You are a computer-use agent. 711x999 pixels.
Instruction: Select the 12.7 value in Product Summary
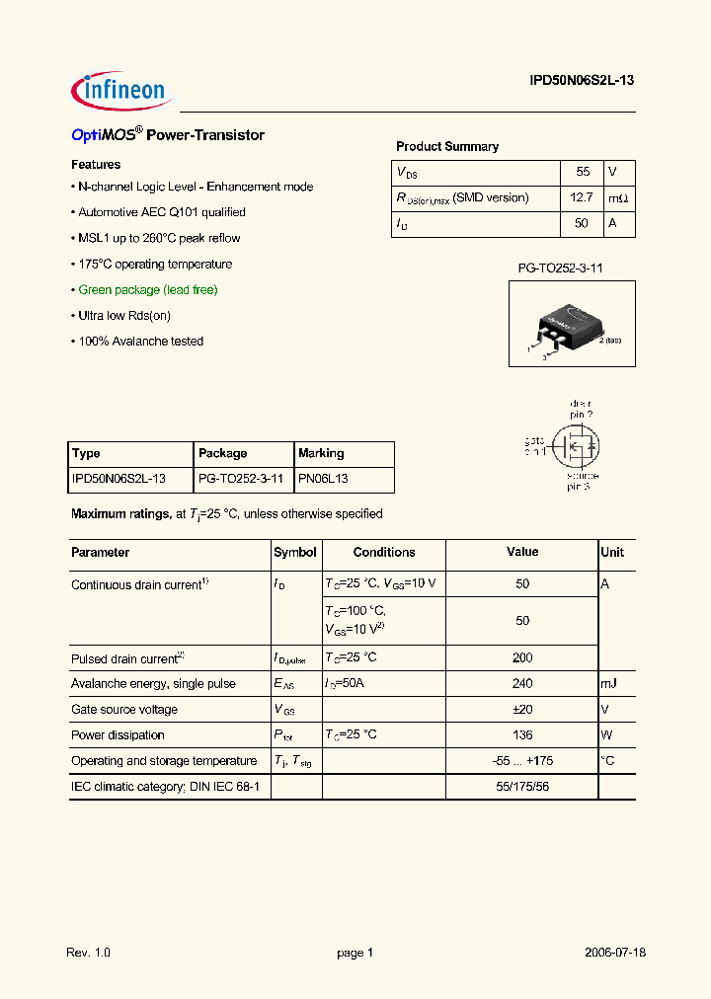tap(581, 197)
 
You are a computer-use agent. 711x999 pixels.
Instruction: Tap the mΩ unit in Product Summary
tap(618, 198)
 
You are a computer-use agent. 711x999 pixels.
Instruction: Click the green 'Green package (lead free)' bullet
tap(148, 290)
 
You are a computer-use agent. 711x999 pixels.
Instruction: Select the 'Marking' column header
tap(321, 454)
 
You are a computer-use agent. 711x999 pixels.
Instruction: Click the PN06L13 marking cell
tap(323, 479)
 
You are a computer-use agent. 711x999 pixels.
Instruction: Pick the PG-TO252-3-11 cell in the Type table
tap(241, 479)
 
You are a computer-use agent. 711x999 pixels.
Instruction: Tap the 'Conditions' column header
tap(384, 553)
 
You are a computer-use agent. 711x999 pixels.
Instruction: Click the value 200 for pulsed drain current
tap(522, 658)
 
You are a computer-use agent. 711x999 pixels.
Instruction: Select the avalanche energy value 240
tap(522, 684)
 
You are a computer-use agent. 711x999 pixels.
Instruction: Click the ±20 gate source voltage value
tap(522, 710)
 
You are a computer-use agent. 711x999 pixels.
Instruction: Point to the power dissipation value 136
tap(522, 735)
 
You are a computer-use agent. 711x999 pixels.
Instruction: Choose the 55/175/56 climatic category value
tap(522, 787)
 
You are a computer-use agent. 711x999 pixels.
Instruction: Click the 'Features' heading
tap(96, 165)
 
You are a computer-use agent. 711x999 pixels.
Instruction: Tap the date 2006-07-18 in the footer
tap(615, 954)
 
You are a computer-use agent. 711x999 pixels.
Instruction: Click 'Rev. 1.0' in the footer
tap(89, 954)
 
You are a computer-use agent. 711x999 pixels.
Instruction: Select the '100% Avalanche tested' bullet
tap(140, 342)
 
